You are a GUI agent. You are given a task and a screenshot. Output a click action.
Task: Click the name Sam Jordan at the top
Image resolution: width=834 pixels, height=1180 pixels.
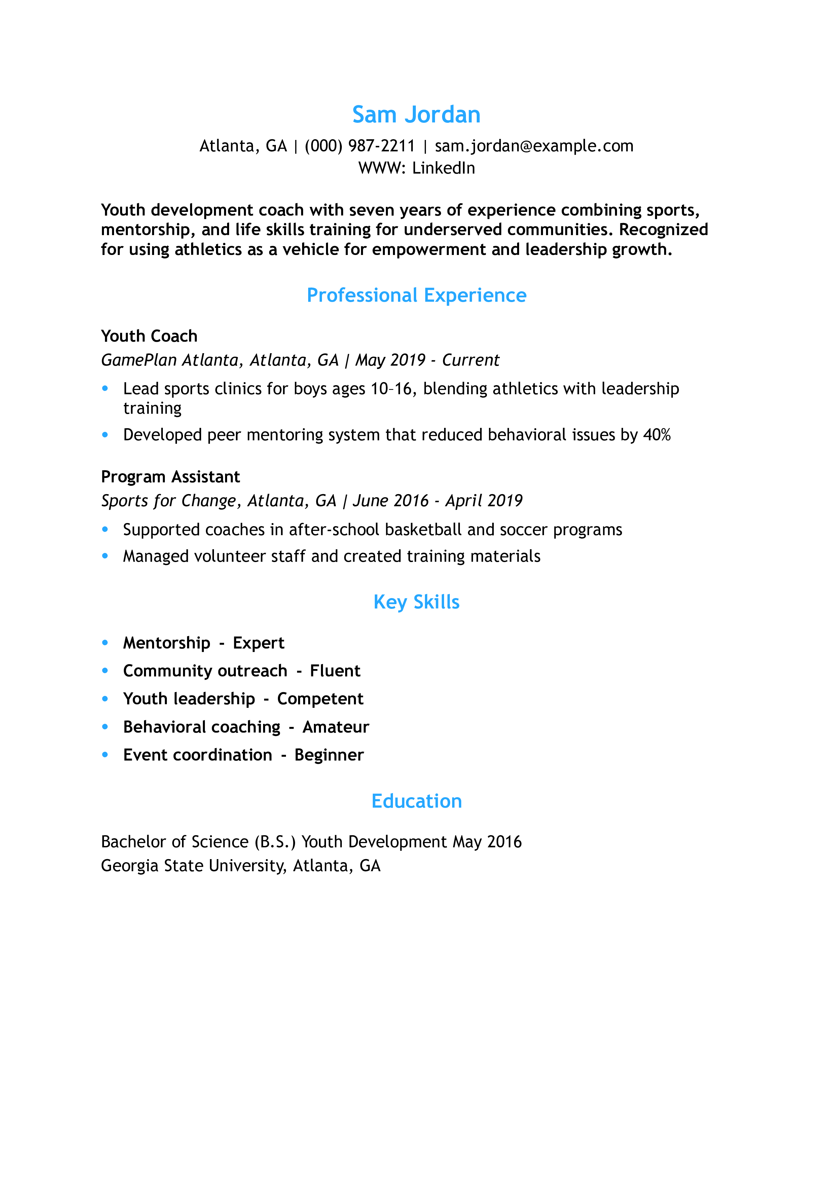(x=416, y=115)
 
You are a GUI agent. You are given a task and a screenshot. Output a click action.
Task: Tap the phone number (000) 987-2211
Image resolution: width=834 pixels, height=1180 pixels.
(x=360, y=146)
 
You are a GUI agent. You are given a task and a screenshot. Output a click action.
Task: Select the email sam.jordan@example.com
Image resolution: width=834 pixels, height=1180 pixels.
(x=534, y=146)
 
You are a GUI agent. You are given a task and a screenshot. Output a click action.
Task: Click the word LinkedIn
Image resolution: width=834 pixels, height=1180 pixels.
(x=443, y=168)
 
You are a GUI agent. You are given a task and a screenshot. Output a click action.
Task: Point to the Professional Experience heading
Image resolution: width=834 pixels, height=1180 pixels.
(x=416, y=296)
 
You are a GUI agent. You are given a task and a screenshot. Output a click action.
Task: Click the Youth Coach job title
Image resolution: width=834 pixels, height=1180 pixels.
(x=149, y=336)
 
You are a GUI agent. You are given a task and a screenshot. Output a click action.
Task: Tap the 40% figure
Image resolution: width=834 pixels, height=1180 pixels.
(x=657, y=435)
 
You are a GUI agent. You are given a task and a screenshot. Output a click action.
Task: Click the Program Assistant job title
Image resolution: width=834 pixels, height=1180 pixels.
(x=170, y=477)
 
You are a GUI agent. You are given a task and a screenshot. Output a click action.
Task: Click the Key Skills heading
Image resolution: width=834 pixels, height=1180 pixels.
(x=416, y=602)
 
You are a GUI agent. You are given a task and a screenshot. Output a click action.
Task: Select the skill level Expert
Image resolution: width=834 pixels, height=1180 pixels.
(x=258, y=643)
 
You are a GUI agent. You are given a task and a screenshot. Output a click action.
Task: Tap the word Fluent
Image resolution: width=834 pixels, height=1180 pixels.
(x=335, y=671)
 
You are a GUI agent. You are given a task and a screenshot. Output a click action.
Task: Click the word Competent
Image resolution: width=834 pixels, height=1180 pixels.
(x=320, y=699)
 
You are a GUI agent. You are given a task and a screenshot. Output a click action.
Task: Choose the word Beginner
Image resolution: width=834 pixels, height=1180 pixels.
(x=329, y=755)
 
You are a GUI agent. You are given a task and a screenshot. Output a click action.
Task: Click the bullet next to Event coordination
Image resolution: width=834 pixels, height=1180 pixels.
(x=105, y=755)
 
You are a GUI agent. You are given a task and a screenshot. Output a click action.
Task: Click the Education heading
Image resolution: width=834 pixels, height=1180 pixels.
(x=416, y=801)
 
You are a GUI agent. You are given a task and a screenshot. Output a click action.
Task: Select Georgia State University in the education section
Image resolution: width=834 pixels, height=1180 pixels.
(x=193, y=866)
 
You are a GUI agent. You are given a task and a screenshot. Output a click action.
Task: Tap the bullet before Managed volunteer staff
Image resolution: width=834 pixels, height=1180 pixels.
(x=105, y=556)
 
